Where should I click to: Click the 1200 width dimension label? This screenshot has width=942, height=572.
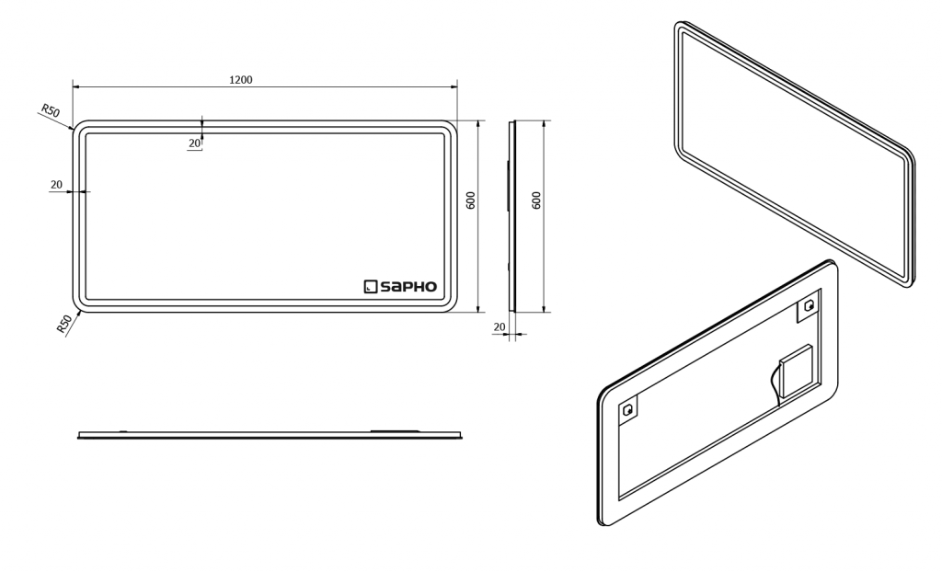click(241, 79)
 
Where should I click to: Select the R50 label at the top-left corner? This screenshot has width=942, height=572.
click(51, 110)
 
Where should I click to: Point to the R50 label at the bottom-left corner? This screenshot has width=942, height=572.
click(64, 324)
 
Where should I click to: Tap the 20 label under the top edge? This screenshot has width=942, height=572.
click(195, 143)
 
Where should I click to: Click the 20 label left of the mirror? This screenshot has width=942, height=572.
click(56, 185)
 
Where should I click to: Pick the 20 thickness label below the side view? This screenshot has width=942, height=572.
click(500, 326)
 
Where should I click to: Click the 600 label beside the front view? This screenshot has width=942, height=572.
click(471, 200)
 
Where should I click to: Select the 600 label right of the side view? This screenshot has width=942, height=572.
click(536, 200)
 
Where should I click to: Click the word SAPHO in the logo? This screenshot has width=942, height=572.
click(408, 287)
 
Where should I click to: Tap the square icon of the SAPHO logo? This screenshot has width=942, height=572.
click(370, 287)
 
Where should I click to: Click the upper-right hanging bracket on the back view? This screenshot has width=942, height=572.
click(809, 306)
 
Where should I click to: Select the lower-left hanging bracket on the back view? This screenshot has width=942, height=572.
click(628, 411)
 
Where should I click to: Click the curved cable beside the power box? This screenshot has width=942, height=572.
click(775, 384)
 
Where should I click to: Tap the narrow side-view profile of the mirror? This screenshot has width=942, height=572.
click(511, 216)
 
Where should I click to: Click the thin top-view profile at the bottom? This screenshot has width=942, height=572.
click(270, 434)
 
